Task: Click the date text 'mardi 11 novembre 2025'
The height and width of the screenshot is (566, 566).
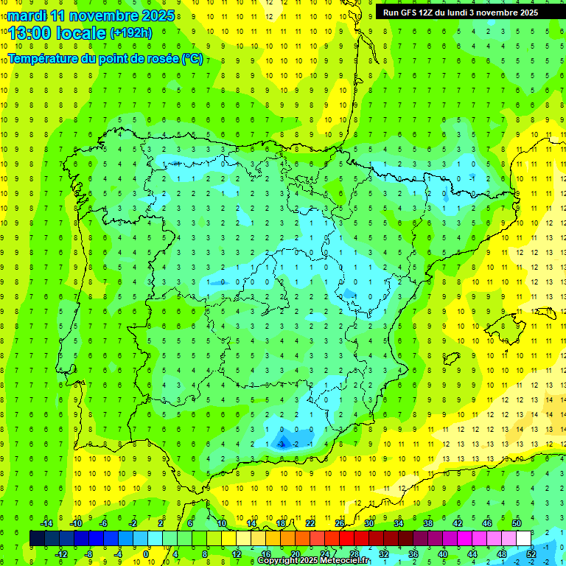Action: click(x=91, y=15)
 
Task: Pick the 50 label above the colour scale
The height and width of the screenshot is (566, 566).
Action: click(x=517, y=523)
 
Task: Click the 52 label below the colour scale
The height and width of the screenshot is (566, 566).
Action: click(x=531, y=553)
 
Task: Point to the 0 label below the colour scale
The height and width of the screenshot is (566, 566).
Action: click(x=147, y=553)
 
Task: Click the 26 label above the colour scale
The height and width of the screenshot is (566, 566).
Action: click(x=340, y=523)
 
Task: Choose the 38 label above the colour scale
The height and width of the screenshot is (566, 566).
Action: click(x=428, y=523)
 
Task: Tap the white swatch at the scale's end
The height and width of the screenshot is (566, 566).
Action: click(x=524, y=539)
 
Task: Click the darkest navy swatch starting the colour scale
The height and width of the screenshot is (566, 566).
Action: click(x=37, y=539)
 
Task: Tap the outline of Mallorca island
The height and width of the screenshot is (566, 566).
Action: click(x=510, y=323)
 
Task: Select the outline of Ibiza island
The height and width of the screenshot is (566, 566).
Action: click(x=450, y=358)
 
